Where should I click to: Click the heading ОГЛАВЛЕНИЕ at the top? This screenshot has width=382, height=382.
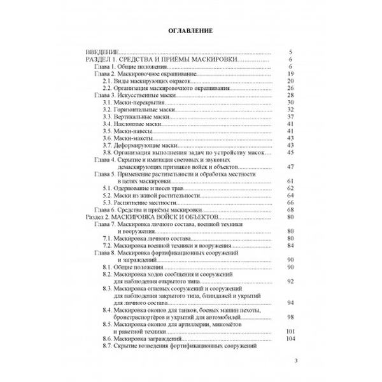[190, 31]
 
